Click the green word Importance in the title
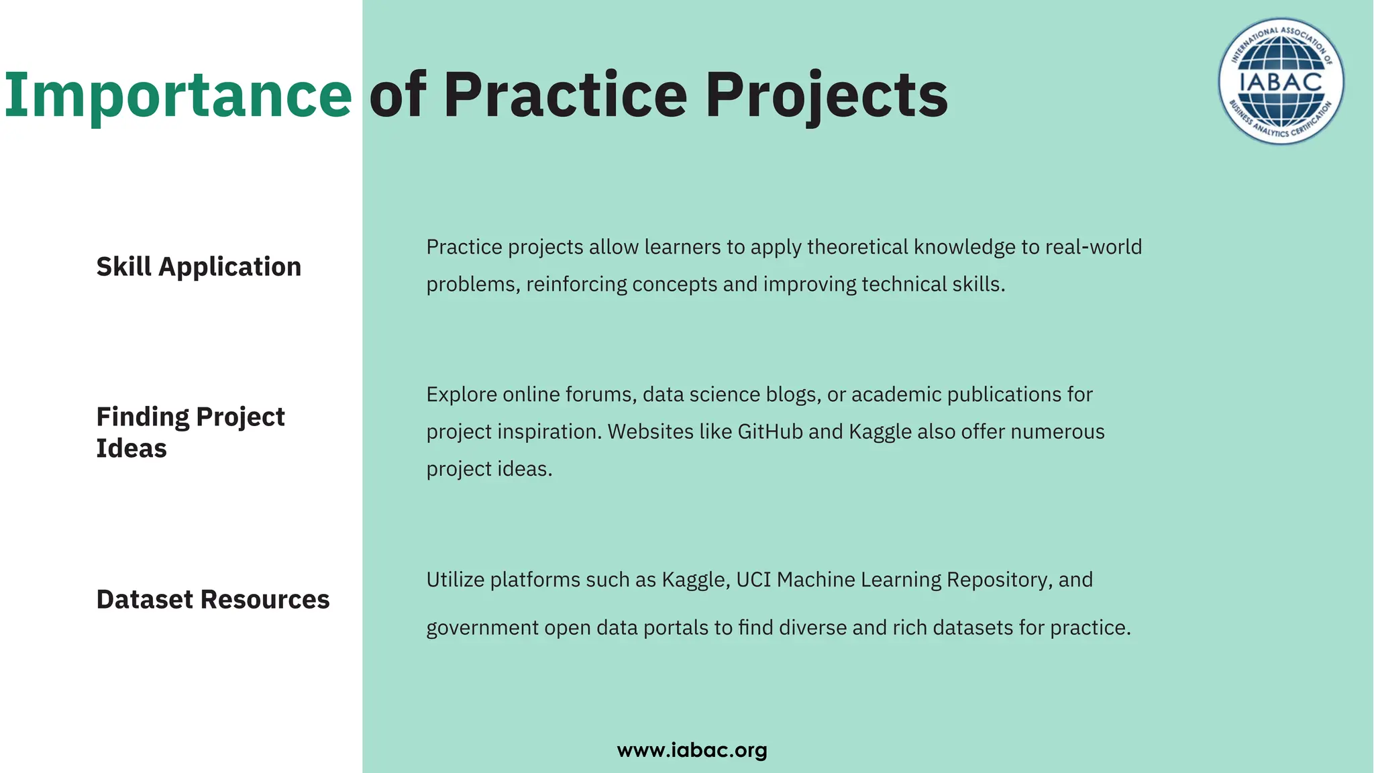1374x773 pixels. click(x=178, y=95)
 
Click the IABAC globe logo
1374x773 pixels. click(x=1281, y=81)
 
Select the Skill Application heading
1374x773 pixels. click(x=199, y=267)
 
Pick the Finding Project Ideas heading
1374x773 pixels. click(x=191, y=432)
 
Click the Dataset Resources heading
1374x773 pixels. click(x=213, y=599)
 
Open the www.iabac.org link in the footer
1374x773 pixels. click(x=692, y=750)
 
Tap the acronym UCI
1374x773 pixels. click(x=753, y=580)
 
